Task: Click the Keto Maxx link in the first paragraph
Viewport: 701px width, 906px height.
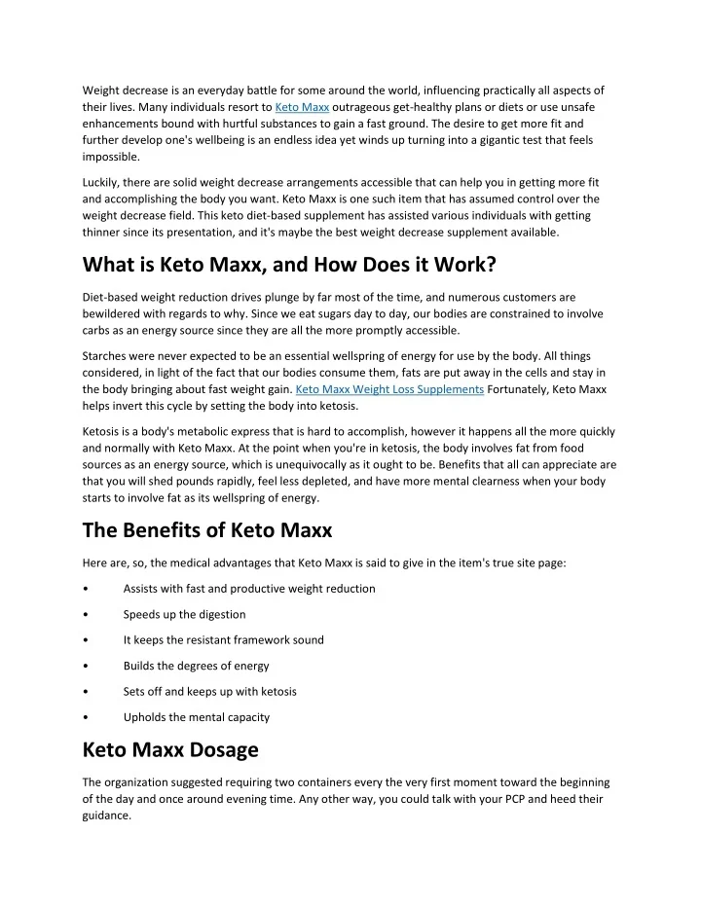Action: [302, 106]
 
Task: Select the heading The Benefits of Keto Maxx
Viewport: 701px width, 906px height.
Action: [207, 530]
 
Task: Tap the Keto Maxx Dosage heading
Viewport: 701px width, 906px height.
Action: [170, 750]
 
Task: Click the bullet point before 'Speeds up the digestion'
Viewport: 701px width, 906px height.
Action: [89, 615]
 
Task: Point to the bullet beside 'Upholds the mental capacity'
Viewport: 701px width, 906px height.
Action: [89, 718]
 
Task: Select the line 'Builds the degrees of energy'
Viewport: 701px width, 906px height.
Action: [196, 667]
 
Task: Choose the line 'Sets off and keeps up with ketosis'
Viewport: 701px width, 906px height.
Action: [209, 692]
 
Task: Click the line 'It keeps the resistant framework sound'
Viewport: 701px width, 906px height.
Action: [223, 640]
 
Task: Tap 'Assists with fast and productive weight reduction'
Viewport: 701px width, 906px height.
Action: [248, 589]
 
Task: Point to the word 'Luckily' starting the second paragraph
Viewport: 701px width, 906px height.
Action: [102, 182]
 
